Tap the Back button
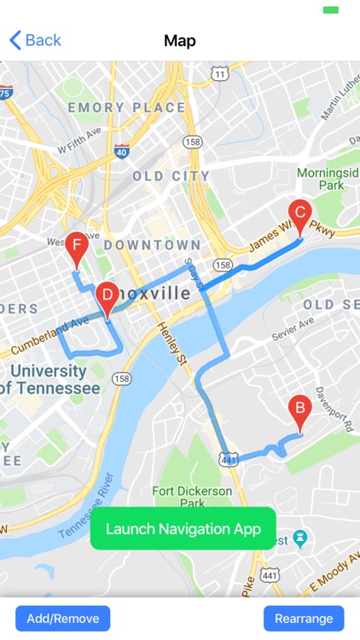(x=35, y=40)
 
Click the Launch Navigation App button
(x=183, y=529)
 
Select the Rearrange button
(x=304, y=618)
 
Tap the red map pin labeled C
(x=299, y=213)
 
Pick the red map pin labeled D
(x=107, y=297)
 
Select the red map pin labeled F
(x=78, y=248)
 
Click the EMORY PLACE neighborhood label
(x=126, y=108)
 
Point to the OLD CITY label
(x=171, y=177)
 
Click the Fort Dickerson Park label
(x=192, y=497)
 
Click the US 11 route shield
(x=221, y=74)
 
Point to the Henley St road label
(x=170, y=342)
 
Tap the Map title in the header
(x=180, y=40)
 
